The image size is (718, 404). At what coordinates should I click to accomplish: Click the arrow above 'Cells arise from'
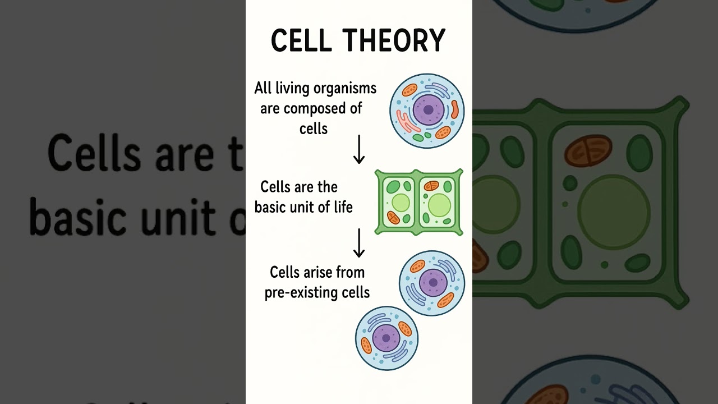pyautogui.click(x=359, y=242)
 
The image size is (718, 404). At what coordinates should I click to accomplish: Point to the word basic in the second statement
pyautogui.click(x=272, y=207)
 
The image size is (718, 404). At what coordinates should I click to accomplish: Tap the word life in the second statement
pyautogui.click(x=342, y=207)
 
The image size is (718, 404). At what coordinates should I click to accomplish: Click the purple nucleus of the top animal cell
pyautogui.click(x=428, y=109)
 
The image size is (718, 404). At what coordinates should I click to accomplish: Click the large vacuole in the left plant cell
pyautogui.click(x=401, y=203)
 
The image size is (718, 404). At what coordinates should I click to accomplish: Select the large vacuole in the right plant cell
pyautogui.click(x=439, y=205)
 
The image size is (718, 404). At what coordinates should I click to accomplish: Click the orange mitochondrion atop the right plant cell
pyautogui.click(x=431, y=186)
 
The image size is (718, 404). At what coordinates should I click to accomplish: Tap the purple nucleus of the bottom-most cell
pyautogui.click(x=386, y=338)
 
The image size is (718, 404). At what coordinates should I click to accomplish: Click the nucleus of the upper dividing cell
pyautogui.click(x=432, y=282)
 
